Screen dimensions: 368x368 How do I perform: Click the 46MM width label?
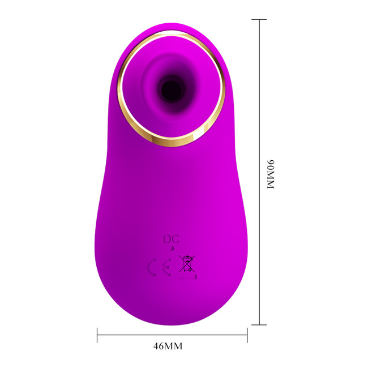point(168,346)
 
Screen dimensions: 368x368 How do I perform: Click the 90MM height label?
point(271,174)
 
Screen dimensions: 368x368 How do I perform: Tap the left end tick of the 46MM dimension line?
point(97,335)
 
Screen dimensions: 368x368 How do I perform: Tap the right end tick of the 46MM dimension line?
point(247,335)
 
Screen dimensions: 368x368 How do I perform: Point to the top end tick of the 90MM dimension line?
point(259,19)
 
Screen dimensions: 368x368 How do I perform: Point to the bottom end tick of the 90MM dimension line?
point(259,325)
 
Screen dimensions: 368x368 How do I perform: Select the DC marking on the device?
point(172,239)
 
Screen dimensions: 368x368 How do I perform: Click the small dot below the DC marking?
point(172,249)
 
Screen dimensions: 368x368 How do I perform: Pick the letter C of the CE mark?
point(152,267)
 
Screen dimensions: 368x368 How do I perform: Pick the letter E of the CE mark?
point(166,267)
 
